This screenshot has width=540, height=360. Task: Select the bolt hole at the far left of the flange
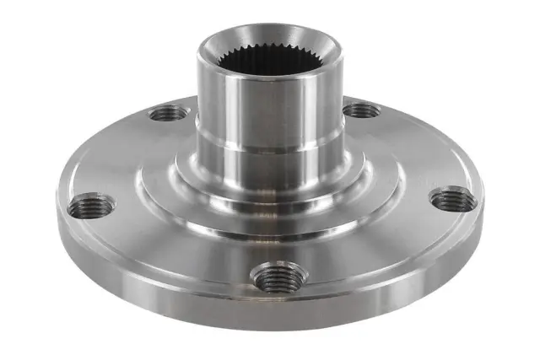pyautogui.click(x=92, y=204)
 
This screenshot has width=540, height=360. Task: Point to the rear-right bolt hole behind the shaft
pyautogui.click(x=362, y=110)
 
